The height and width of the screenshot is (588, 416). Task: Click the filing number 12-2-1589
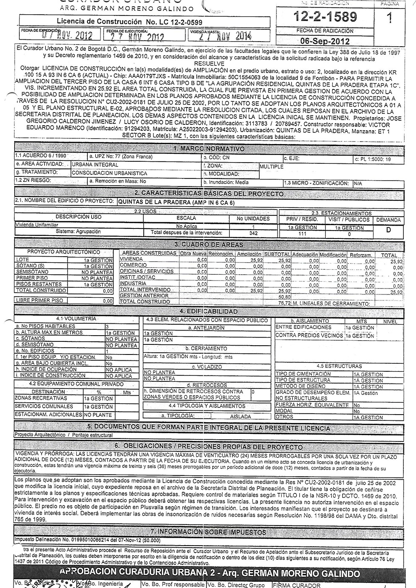(326, 17)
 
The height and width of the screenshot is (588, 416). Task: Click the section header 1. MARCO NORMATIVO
(208, 149)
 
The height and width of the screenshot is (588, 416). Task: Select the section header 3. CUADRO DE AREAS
(208, 244)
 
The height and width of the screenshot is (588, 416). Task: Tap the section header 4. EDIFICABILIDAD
(208, 311)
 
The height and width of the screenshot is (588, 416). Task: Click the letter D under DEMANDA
(388, 230)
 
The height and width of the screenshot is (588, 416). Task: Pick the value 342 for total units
(253, 233)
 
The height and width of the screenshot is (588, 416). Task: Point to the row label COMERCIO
(133, 265)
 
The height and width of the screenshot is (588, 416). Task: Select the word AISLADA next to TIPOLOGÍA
(240, 416)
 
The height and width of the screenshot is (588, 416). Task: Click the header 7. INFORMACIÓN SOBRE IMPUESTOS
(208, 532)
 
